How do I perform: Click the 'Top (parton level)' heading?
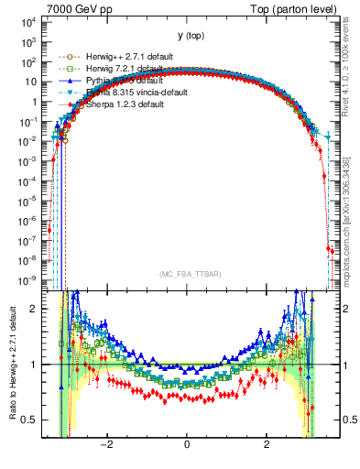pyautogui.click(x=298, y=8)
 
